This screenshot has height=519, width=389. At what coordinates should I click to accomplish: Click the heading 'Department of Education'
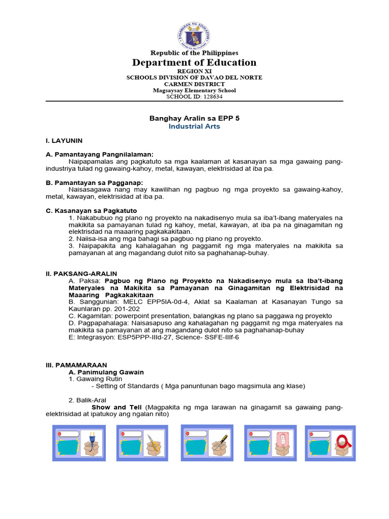tap(194, 62)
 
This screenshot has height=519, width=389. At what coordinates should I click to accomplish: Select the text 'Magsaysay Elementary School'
tap(194, 90)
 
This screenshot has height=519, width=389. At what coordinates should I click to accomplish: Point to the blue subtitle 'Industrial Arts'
tap(194, 126)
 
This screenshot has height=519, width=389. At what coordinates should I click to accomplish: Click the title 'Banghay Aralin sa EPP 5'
tap(194, 118)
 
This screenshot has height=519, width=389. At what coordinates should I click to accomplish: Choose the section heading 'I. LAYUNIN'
tap(64, 140)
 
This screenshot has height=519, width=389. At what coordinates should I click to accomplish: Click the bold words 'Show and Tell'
tap(117, 407)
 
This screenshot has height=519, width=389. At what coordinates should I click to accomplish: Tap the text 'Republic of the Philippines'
tap(194, 53)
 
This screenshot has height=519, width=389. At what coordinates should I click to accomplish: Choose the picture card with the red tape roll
tap(330, 443)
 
